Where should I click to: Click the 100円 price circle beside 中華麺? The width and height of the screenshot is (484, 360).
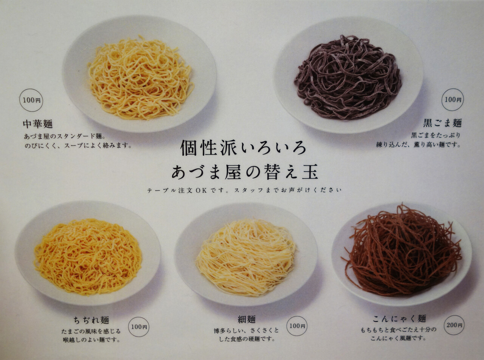(x=31, y=100)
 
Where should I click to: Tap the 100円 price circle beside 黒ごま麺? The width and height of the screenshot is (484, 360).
(x=453, y=99)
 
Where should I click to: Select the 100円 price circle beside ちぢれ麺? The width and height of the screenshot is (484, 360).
(x=139, y=327)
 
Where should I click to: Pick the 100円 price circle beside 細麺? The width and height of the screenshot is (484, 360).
(x=297, y=326)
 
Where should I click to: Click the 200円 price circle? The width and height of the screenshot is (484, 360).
(x=455, y=325)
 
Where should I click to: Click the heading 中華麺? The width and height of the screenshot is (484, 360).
(x=38, y=124)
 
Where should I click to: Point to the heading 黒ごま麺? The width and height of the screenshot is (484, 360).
(x=442, y=123)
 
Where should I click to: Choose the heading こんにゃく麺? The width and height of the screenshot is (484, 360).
(x=399, y=319)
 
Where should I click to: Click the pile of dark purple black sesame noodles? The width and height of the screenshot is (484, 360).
(x=348, y=77)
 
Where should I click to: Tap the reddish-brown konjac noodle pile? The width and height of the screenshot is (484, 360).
(x=402, y=250)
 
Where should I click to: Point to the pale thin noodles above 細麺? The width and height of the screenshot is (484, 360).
(x=246, y=257)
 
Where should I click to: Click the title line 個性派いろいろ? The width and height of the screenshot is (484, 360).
(x=243, y=148)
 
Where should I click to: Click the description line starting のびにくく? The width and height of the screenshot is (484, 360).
(x=78, y=145)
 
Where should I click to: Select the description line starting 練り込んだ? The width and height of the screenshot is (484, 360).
(x=418, y=145)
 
